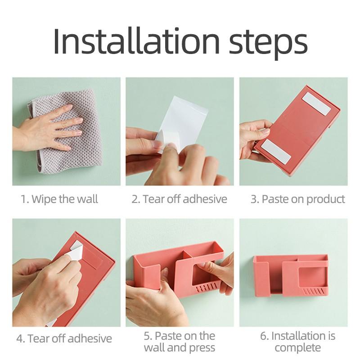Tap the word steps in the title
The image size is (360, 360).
pyautogui.click(x=268, y=44)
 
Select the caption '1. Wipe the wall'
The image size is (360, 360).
pyautogui.click(x=59, y=199)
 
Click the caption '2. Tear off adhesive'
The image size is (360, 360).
pyautogui.click(x=179, y=199)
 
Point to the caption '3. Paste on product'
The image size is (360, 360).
pyautogui.click(x=298, y=199)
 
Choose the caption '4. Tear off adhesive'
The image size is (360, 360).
pyautogui.click(x=64, y=338)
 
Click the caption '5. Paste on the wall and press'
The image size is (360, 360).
pyautogui.click(x=180, y=342)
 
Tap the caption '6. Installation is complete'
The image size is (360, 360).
pyautogui.click(x=298, y=342)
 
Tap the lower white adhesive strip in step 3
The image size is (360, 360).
pyautogui.click(x=276, y=152)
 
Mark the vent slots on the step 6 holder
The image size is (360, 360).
pyautogui.click(x=314, y=292)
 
